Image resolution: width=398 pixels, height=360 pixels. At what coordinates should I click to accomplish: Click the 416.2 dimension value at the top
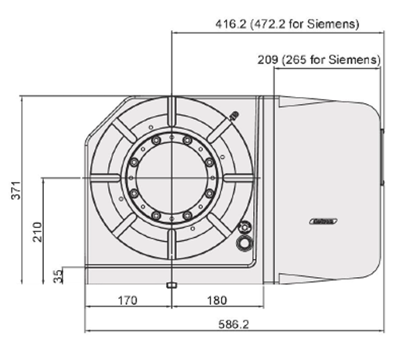point(232,23)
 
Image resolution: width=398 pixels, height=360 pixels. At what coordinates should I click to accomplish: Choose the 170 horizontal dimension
point(127,300)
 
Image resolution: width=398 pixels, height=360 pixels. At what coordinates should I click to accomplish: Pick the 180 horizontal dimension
point(217,300)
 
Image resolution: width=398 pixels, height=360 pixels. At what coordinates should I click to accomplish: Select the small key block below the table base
point(170,286)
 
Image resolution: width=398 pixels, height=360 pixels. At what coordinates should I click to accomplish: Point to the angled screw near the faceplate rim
point(233,116)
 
